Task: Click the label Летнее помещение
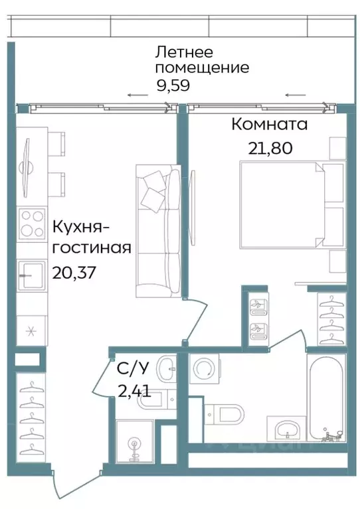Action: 201,60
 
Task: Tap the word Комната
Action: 269,124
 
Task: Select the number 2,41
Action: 134,391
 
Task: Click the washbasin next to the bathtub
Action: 286,428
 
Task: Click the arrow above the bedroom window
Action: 292,95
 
